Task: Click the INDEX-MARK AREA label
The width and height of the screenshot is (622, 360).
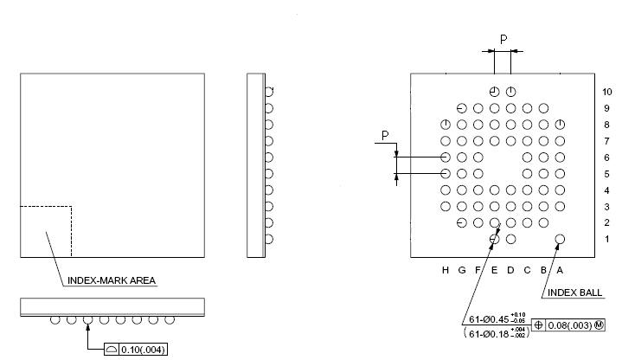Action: click(x=112, y=280)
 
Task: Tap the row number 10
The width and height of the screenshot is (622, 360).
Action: click(x=606, y=92)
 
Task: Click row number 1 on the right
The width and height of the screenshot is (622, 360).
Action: click(x=606, y=240)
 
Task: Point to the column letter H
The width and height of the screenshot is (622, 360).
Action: click(x=446, y=270)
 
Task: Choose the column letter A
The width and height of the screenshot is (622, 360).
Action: click(x=560, y=270)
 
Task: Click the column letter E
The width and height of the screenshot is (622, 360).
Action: click(x=494, y=270)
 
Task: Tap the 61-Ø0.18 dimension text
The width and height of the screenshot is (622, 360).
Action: click(x=495, y=333)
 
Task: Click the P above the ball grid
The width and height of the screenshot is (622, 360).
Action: click(x=503, y=38)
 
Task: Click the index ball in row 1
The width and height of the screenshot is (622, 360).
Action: click(x=560, y=239)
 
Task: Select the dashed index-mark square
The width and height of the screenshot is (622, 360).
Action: click(x=46, y=231)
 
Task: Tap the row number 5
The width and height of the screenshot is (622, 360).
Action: click(x=606, y=174)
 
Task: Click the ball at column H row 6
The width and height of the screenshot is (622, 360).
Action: click(x=446, y=157)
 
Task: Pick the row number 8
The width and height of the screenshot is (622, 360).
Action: click(x=606, y=125)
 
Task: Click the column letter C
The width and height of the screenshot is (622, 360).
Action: click(x=527, y=270)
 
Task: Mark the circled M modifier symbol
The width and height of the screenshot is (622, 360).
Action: click(x=599, y=325)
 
